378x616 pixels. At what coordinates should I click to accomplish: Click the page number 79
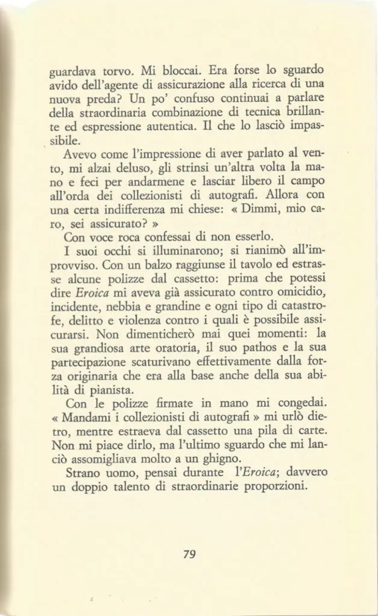click(x=189, y=555)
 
